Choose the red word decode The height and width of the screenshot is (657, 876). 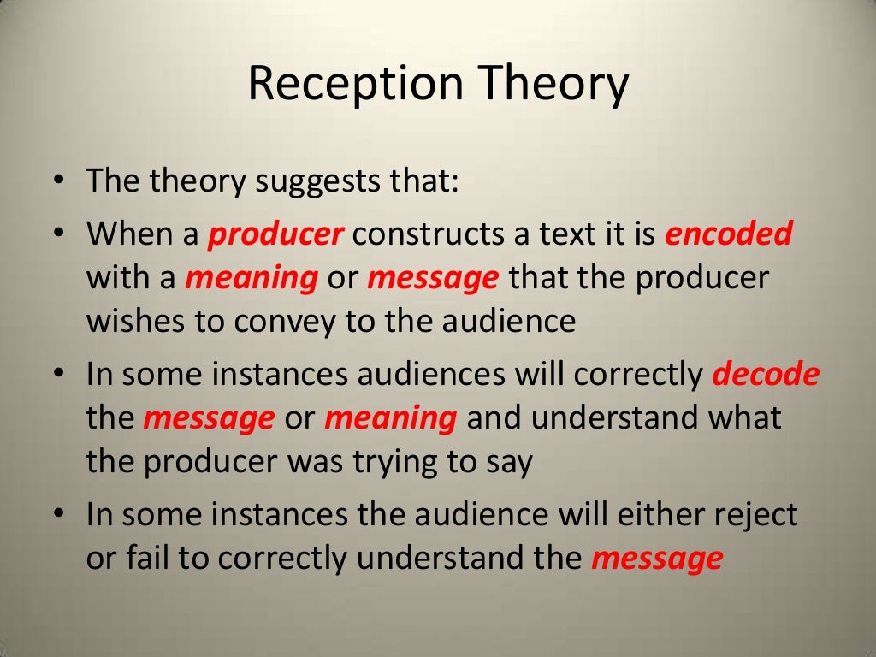click(x=766, y=376)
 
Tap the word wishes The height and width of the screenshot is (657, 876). click(x=138, y=322)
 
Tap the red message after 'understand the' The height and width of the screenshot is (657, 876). click(x=657, y=559)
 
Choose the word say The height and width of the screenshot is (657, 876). click(x=510, y=462)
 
